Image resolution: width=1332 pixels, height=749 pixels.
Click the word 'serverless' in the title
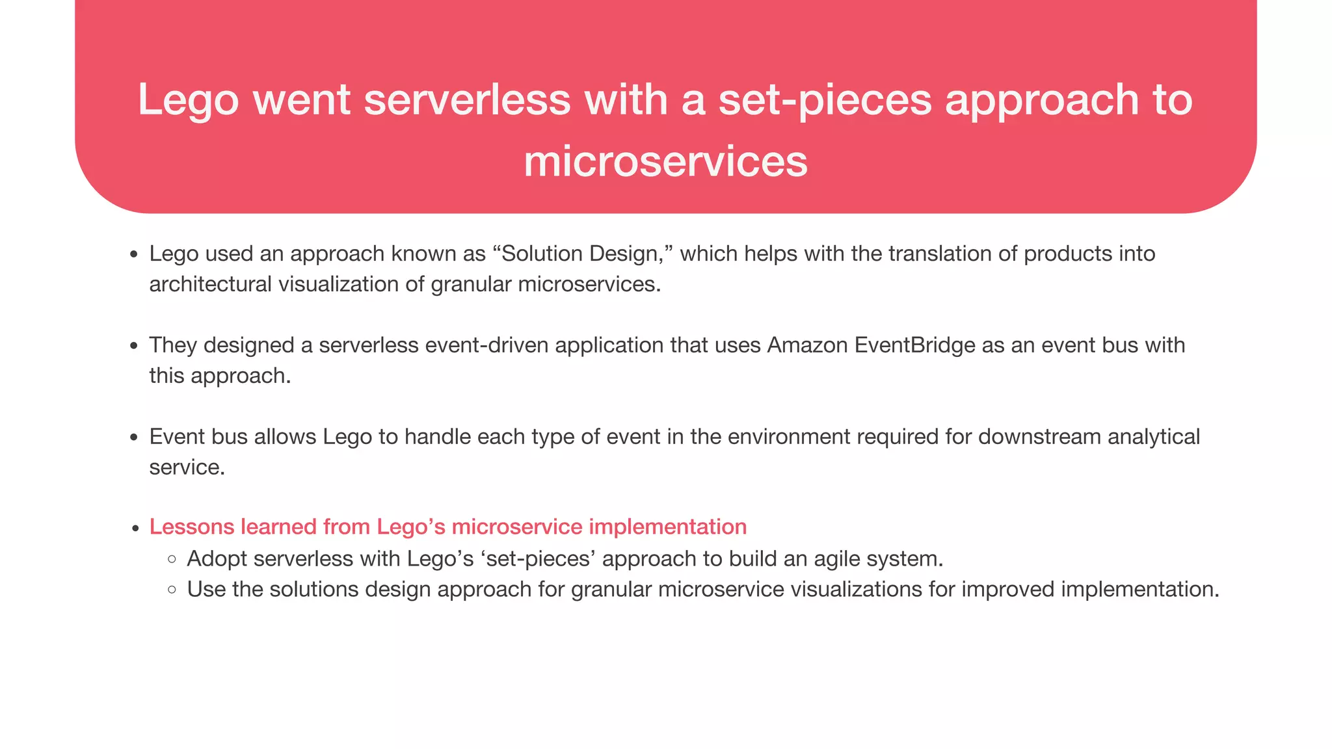click(467, 100)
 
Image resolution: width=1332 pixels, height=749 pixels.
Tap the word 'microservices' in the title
click(665, 161)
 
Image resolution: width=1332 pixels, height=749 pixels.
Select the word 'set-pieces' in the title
click(825, 100)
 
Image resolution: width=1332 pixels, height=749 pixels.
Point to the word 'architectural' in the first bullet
click(210, 284)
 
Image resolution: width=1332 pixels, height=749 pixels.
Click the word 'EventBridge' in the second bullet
click(914, 345)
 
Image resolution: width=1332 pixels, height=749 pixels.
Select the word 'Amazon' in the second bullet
click(806, 345)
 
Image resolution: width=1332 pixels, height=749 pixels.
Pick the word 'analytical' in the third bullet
click(1153, 437)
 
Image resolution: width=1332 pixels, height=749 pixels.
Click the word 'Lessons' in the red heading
click(191, 527)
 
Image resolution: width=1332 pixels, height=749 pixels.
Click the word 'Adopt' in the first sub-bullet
click(216, 558)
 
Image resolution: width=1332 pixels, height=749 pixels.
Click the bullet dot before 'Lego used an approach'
click(134, 255)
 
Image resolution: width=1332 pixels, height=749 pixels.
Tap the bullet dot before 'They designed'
click(134, 347)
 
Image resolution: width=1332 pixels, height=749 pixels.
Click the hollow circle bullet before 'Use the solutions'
click(172, 590)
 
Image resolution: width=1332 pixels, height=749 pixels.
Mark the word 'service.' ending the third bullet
click(187, 467)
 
